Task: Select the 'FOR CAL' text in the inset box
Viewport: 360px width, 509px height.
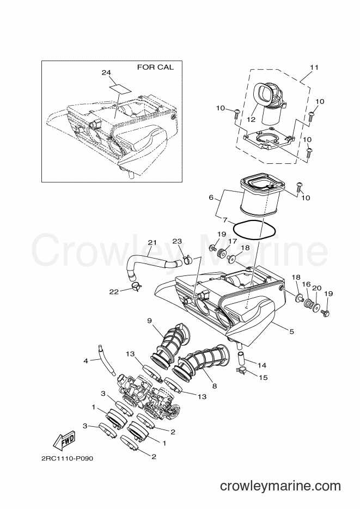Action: (x=155, y=67)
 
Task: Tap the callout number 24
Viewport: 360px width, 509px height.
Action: (x=106, y=73)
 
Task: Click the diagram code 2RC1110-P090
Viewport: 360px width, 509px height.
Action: (x=65, y=459)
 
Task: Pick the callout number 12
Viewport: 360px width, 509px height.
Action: (x=251, y=119)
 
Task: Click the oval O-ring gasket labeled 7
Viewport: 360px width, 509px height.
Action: (x=254, y=230)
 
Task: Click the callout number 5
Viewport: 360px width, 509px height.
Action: (x=291, y=332)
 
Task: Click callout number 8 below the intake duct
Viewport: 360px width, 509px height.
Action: (x=214, y=387)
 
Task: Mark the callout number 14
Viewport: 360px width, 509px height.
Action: (x=262, y=365)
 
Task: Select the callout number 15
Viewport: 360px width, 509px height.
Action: (x=263, y=377)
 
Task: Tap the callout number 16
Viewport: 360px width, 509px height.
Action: (x=307, y=284)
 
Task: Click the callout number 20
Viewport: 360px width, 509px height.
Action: (x=317, y=288)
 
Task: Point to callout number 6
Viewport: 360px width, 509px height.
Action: (x=211, y=198)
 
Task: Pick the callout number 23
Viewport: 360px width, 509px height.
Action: (x=177, y=241)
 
